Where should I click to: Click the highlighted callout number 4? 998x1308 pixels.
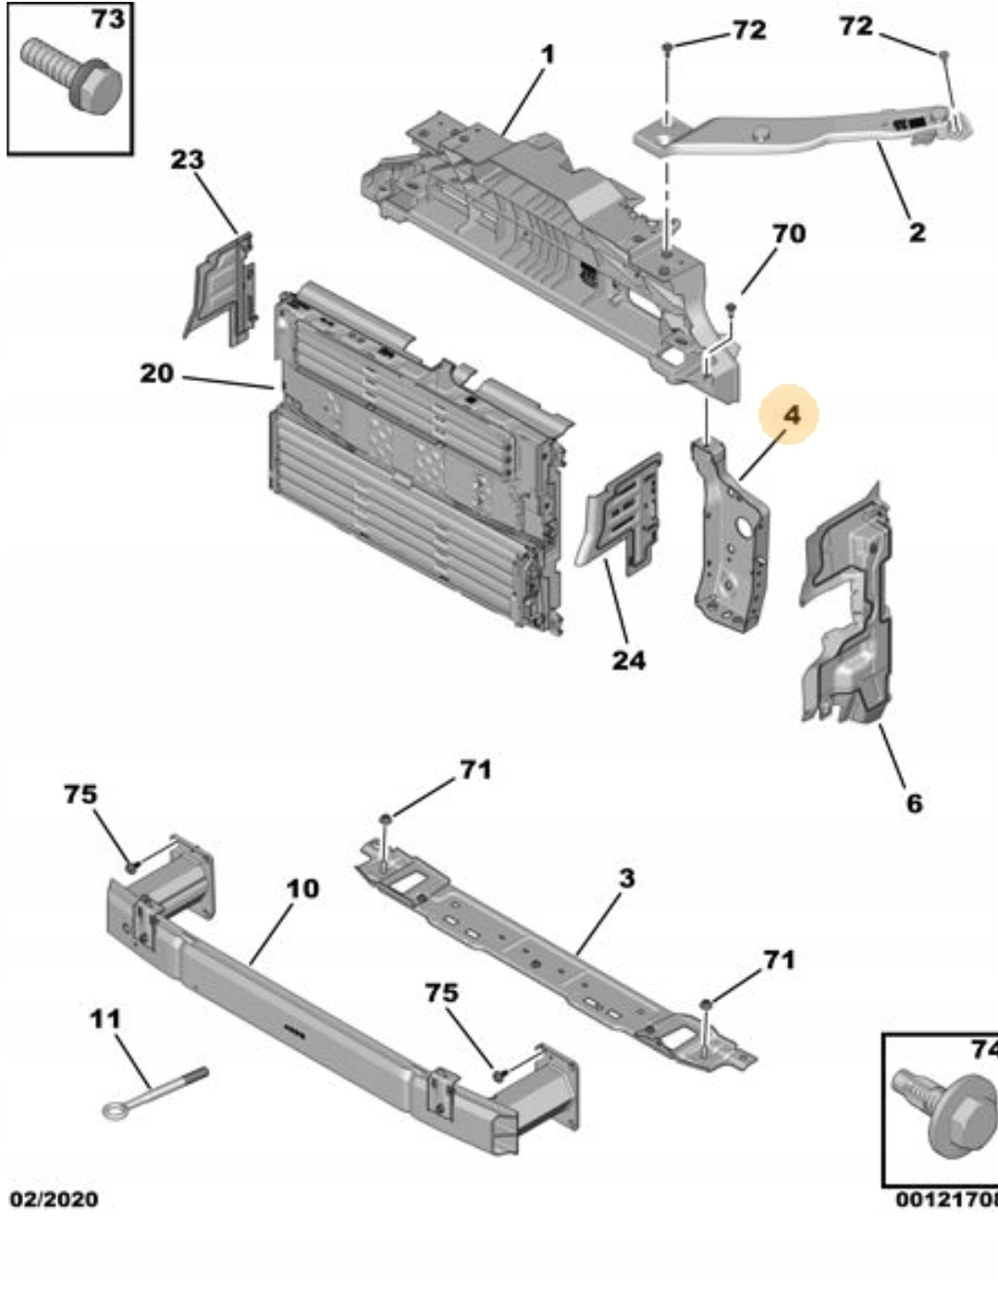pos(791,415)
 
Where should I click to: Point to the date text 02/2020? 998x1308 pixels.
pos(54,1199)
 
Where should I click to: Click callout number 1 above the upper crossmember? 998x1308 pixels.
pos(548,55)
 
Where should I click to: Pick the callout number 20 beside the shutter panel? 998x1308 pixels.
pos(156,374)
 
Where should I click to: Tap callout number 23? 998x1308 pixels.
pos(187,159)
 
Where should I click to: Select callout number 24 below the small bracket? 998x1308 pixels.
pos(628,660)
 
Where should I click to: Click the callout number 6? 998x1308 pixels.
pos(914,803)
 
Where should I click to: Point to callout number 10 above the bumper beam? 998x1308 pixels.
pos(302,889)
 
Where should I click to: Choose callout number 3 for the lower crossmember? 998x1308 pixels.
pos(626,877)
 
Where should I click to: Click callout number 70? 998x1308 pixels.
pos(788,233)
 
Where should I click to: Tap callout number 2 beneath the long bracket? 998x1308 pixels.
pos(916,231)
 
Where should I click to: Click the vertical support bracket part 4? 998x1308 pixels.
pos(731,541)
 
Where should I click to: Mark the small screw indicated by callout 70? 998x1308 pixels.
pos(730,307)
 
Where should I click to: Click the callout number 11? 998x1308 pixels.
pos(105,1018)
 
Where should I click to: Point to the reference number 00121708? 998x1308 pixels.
pos(945,1200)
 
